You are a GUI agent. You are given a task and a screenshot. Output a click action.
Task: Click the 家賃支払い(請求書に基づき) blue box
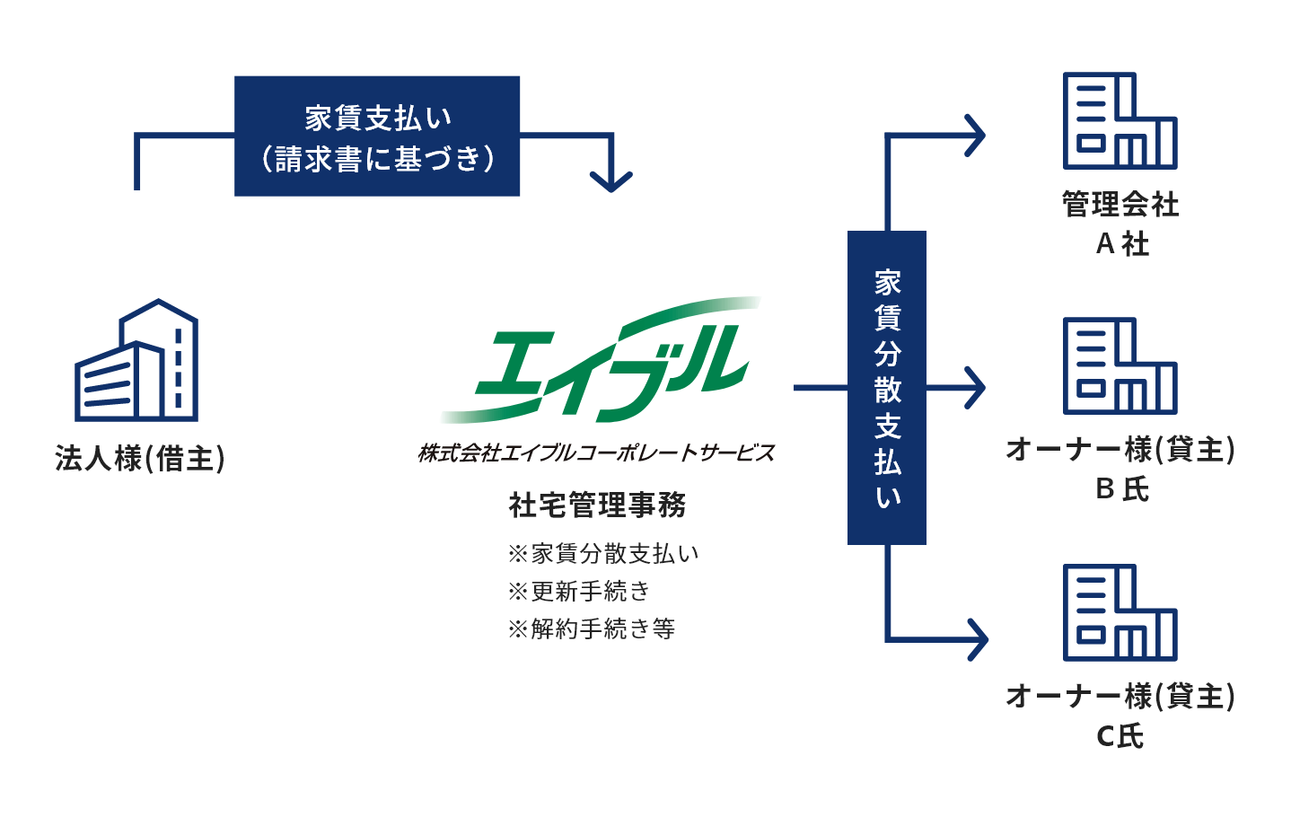pos(377,136)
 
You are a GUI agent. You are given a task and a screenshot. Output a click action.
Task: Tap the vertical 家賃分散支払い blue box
pos(887,387)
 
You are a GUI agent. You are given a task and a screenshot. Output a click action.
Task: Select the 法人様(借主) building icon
pos(136,360)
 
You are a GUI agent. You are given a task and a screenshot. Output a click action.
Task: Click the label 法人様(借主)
pos(140,458)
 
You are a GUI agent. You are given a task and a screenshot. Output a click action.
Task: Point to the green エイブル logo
pos(600,360)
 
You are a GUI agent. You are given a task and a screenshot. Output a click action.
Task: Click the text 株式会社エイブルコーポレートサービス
pos(596,453)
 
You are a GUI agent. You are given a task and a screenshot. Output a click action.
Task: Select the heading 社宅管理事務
pos(598,505)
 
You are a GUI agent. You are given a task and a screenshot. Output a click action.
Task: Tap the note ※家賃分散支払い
pos(603,553)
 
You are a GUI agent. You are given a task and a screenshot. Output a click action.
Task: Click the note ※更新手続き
pos(579,591)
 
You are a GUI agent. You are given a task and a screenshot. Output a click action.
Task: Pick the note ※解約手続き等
pos(592,628)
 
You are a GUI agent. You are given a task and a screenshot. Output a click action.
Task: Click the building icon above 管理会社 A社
pos(1120,120)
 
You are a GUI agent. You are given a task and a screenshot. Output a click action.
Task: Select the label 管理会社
pos(1120,205)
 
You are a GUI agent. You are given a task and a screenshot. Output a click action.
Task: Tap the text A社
pos(1122,244)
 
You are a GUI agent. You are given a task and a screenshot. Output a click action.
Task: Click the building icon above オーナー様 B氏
pos(1120,365)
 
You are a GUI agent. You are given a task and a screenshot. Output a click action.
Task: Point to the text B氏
pos(1122,488)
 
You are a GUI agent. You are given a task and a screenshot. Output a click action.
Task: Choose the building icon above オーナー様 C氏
pos(1120,612)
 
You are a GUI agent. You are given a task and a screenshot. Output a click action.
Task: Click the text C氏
pos(1120,736)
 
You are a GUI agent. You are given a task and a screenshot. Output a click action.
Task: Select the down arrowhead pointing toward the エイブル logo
pos(611,181)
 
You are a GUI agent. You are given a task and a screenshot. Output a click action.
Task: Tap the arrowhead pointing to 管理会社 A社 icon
pos(975,136)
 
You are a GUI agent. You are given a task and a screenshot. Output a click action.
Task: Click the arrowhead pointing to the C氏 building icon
pos(978,639)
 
